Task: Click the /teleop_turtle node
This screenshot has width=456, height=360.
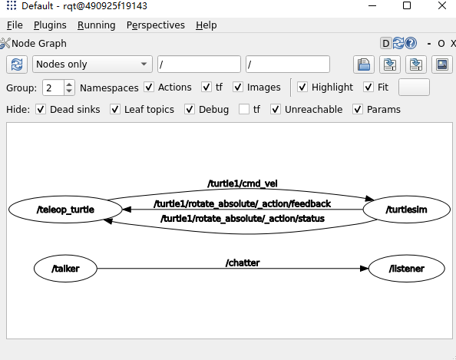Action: click(x=65, y=210)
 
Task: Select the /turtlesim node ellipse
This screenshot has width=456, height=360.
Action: click(x=407, y=210)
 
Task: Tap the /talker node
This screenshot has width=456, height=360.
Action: click(x=65, y=269)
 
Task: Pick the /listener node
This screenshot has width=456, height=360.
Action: click(x=407, y=269)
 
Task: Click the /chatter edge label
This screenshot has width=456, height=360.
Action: click(x=243, y=263)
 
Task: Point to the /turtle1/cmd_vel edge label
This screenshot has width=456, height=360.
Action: click(x=243, y=183)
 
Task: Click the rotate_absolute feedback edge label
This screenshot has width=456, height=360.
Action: click(x=243, y=204)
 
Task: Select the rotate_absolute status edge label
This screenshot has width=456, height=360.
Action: click(x=243, y=219)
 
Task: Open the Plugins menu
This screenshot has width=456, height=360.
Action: click(x=50, y=25)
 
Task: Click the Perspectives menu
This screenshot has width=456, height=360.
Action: click(x=156, y=25)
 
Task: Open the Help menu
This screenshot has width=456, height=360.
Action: click(x=207, y=25)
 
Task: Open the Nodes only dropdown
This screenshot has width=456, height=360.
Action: click(x=92, y=64)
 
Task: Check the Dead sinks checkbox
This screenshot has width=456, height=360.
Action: click(x=41, y=109)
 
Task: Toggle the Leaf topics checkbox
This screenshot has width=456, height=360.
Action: click(x=115, y=109)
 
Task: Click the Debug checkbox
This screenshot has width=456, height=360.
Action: click(x=190, y=109)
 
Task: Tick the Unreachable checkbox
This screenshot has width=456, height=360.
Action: click(x=276, y=109)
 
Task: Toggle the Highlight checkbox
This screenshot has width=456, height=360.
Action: click(x=302, y=87)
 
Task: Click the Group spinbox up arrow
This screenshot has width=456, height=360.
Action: click(x=69, y=84)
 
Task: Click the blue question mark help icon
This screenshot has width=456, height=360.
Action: click(x=411, y=43)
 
